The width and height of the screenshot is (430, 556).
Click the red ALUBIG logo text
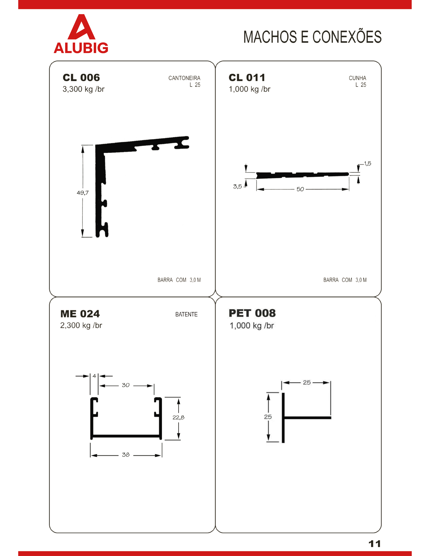(81, 48)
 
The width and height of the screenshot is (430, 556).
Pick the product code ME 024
(80, 314)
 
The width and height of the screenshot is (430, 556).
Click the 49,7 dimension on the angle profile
(83, 193)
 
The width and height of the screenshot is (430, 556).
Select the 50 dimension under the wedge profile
(300, 189)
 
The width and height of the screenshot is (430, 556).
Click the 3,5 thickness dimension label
(237, 187)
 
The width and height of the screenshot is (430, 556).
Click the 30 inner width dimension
(126, 385)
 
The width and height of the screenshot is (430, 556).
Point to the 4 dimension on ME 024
(94, 376)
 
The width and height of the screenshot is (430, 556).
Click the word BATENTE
(187, 314)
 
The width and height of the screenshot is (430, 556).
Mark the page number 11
(375, 544)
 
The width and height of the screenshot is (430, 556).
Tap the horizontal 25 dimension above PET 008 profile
(307, 382)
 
